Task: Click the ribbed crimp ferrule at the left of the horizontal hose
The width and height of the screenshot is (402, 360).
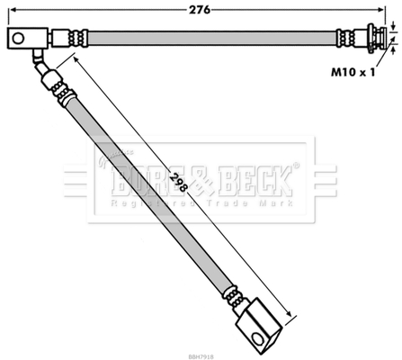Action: tap(70, 39)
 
